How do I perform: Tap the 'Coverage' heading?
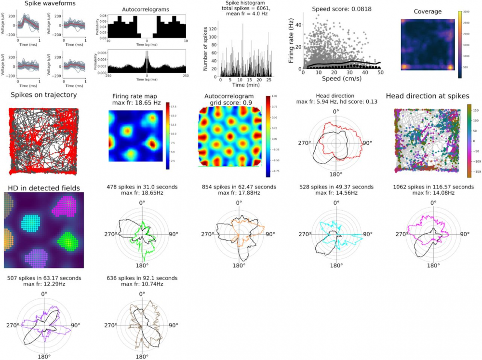(x=428, y=12)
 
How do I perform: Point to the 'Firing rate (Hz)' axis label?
(x=291, y=41)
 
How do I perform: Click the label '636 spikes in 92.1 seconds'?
(x=142, y=278)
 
